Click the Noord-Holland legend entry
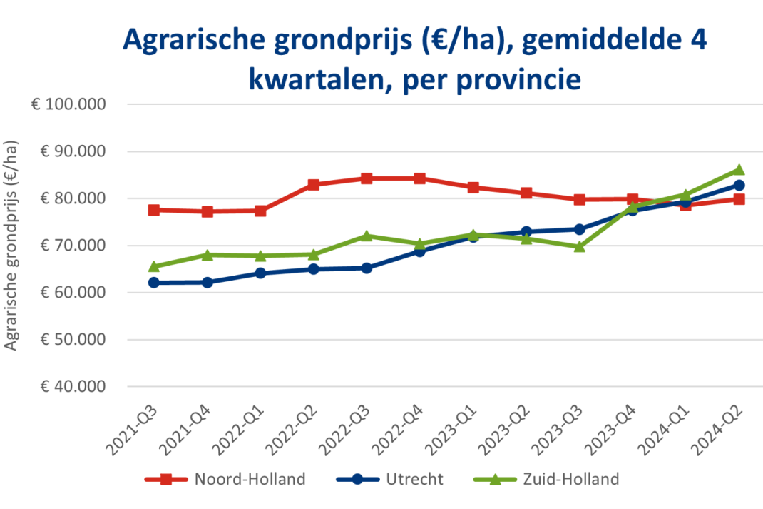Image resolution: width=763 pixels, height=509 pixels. (x=225, y=479)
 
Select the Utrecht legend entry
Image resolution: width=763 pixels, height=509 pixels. (x=390, y=479)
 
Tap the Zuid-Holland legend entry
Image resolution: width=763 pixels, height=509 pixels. (x=546, y=479)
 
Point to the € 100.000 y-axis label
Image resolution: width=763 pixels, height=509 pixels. (x=68, y=104)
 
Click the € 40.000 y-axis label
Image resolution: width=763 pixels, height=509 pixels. (x=73, y=387)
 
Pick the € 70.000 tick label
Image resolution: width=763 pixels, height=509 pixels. (x=73, y=246)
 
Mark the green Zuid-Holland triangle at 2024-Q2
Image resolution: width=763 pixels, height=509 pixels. (x=739, y=169)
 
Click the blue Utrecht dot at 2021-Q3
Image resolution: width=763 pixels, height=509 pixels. (x=154, y=283)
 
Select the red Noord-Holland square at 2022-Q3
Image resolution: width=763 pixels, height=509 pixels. (x=367, y=178)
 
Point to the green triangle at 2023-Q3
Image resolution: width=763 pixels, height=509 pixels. (x=580, y=247)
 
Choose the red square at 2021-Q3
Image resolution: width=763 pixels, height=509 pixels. (x=154, y=210)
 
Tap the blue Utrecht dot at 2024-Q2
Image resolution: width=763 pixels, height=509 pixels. (x=739, y=185)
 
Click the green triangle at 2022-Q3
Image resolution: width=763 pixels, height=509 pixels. (x=367, y=236)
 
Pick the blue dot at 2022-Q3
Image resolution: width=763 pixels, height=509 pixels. (x=367, y=268)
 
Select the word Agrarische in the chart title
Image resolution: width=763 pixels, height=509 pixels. (x=195, y=40)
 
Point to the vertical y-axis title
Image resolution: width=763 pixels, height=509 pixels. (x=11, y=246)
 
